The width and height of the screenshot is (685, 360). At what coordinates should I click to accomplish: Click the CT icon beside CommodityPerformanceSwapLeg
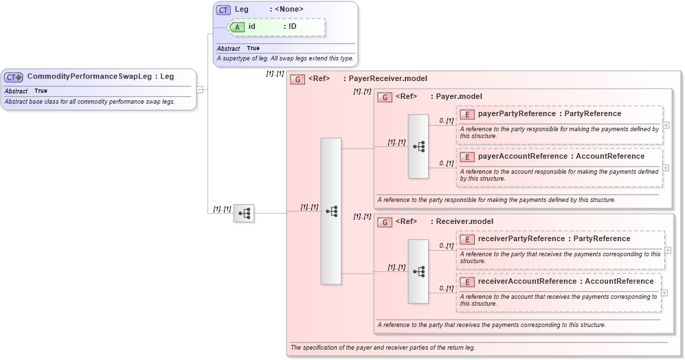tap(14, 77)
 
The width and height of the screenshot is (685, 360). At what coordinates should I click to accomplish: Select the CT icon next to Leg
tap(223, 10)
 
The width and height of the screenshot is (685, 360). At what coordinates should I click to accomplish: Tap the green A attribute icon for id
tap(237, 27)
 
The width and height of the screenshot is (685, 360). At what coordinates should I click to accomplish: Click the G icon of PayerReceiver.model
tap(297, 79)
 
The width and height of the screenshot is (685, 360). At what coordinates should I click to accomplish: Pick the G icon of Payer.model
tap(385, 97)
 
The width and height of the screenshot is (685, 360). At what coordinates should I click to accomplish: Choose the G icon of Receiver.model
tap(385, 222)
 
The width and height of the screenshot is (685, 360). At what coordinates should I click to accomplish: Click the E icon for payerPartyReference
tap(467, 114)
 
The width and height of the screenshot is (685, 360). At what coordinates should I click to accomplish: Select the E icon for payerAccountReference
tap(467, 157)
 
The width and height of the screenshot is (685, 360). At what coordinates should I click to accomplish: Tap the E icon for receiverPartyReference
tap(467, 239)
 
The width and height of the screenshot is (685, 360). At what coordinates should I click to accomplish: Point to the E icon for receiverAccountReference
tap(467, 282)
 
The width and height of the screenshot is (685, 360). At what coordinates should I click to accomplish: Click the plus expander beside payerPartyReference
tap(666, 125)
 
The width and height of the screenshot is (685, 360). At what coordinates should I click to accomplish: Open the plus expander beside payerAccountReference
tap(666, 168)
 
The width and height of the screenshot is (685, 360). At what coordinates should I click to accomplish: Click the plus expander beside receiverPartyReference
tap(667, 250)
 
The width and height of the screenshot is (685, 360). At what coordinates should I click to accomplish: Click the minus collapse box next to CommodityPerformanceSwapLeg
tap(199, 89)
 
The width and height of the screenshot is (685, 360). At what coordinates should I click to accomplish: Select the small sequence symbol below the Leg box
tap(244, 213)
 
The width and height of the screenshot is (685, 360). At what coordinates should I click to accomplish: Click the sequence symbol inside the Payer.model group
tap(418, 146)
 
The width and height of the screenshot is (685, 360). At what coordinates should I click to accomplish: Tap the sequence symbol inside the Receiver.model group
tap(418, 271)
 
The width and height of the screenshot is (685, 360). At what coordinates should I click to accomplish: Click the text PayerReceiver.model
tap(388, 79)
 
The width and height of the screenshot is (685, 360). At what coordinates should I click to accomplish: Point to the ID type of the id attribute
tap(292, 27)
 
